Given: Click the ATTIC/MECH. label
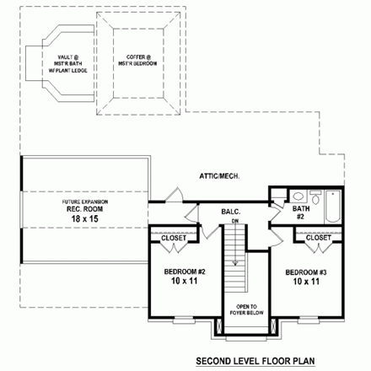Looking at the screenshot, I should coord(220,175).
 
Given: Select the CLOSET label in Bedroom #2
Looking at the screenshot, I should coord(174,239).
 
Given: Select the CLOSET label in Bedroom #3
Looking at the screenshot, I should coord(318,239).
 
